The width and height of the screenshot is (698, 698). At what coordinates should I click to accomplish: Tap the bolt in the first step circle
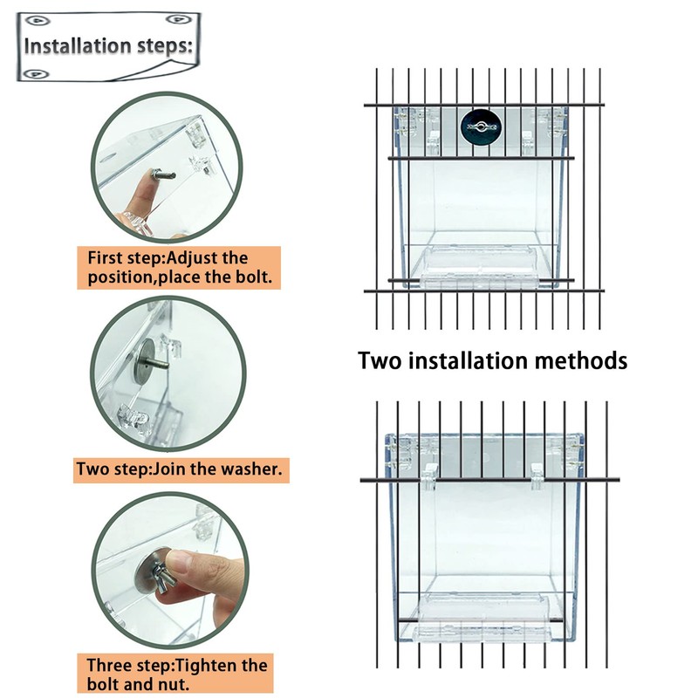159,179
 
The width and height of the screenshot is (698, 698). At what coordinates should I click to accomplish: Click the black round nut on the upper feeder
479,127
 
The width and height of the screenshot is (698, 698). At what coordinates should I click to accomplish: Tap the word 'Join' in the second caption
171,469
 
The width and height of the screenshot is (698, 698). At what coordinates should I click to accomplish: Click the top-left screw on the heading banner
38,17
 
